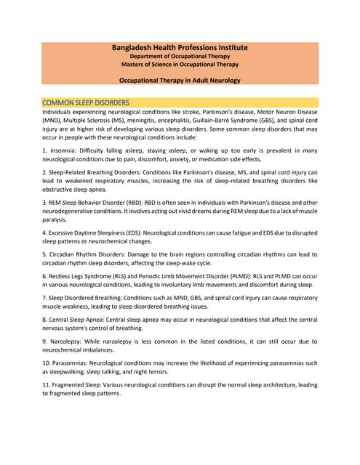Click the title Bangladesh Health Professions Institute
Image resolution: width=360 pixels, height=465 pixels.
(180, 47)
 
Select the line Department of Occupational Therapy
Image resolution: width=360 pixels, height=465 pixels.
(180, 57)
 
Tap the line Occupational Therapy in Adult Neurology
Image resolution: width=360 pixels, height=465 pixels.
(180, 82)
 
